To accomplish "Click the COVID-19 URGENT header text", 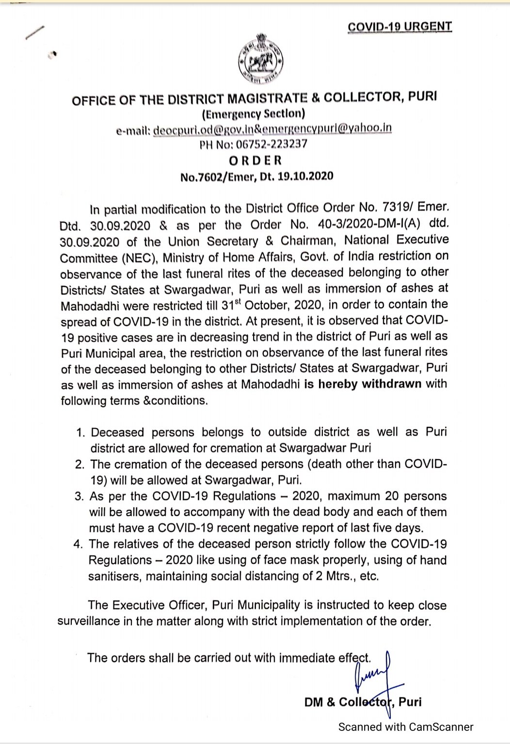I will pyautogui.click(x=399, y=27).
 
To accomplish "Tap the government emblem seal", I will pyautogui.click(x=260, y=61).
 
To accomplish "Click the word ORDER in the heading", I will pyautogui.click(x=255, y=160).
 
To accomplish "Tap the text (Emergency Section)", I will pyautogui.click(x=253, y=114).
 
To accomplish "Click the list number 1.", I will pyautogui.click(x=80, y=432).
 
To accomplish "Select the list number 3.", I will pyautogui.click(x=79, y=496).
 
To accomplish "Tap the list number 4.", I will pyautogui.click(x=79, y=544).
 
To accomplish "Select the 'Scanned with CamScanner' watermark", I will pyautogui.click(x=405, y=727).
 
